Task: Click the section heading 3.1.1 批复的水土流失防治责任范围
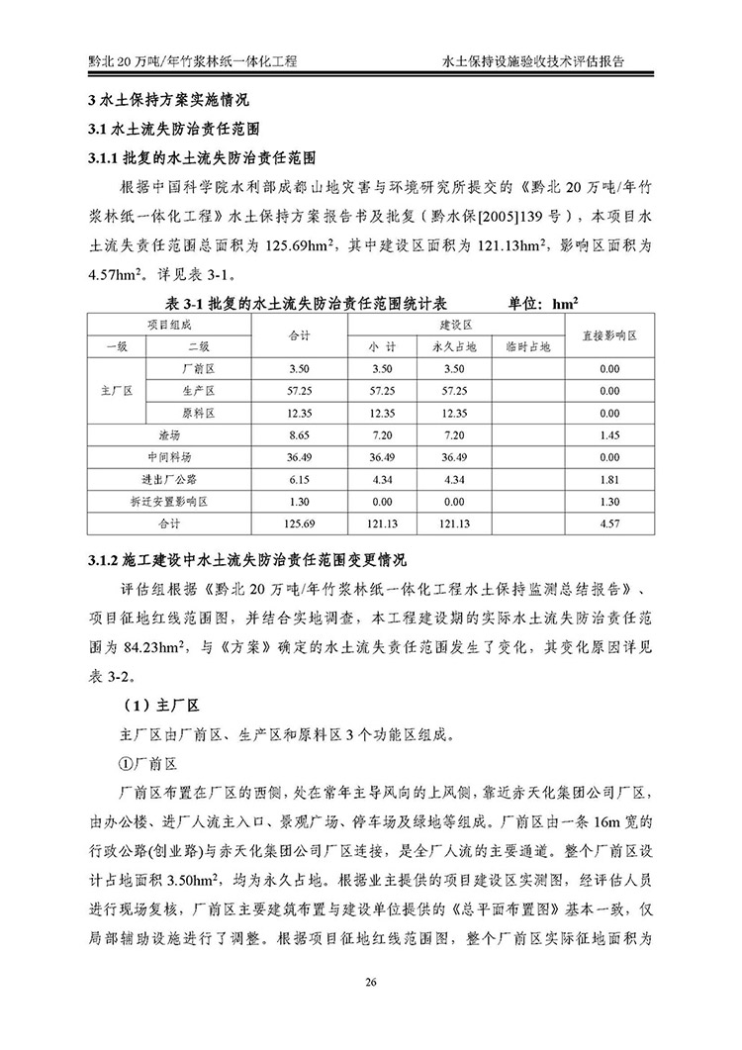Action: coord(202,157)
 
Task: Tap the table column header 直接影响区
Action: coord(609,335)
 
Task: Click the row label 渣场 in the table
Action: coord(170,434)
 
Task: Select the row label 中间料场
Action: coord(170,457)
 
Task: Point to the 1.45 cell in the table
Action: coord(609,434)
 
